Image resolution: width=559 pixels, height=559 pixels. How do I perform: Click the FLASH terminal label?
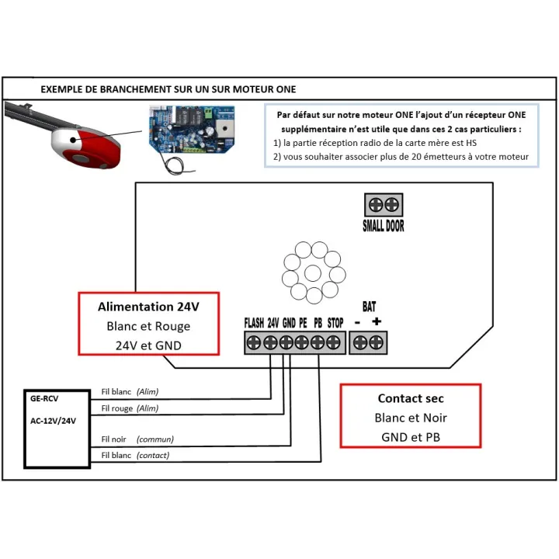(x=254, y=323)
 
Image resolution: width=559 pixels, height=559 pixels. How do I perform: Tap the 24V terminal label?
(x=273, y=323)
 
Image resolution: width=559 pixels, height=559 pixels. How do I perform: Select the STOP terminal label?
(x=335, y=323)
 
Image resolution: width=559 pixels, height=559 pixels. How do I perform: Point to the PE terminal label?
(x=303, y=323)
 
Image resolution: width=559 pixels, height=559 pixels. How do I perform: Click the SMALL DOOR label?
(x=384, y=226)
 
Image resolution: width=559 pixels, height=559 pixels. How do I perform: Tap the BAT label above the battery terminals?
(x=369, y=306)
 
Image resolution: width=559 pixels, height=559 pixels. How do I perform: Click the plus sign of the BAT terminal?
(x=377, y=321)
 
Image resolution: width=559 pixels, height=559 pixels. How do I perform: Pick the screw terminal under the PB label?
(x=318, y=342)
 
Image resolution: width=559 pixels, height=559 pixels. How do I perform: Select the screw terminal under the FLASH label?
(x=254, y=342)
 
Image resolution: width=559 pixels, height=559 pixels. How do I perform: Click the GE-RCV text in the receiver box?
(x=44, y=398)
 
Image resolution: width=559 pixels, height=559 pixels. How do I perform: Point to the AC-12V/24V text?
(x=53, y=421)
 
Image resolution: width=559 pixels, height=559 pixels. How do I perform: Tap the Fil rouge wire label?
(x=117, y=408)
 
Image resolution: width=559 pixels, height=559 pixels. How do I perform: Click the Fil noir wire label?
(x=113, y=439)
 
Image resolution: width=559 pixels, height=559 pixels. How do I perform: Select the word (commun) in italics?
(x=155, y=439)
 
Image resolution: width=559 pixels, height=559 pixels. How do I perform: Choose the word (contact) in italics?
(x=153, y=455)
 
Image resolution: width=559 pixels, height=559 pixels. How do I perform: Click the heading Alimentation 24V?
(x=148, y=307)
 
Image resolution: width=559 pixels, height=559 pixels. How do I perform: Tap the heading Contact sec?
(x=411, y=398)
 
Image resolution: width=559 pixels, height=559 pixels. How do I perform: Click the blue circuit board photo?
(x=192, y=130)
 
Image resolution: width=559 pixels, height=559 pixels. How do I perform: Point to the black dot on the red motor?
(x=73, y=140)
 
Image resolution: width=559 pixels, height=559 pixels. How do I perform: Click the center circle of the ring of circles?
(x=313, y=273)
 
